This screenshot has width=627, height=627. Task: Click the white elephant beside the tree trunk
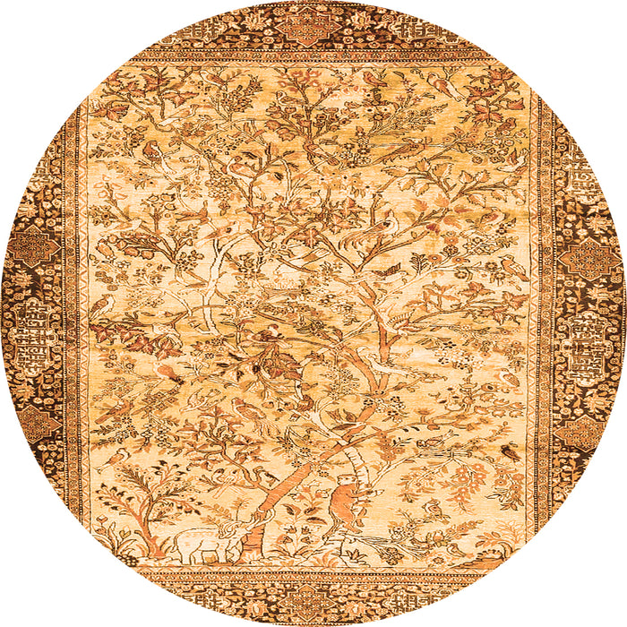[x=202, y=547]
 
